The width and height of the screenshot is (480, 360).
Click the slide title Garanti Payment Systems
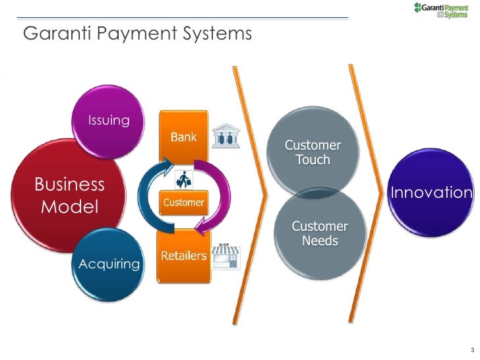tap(138, 33)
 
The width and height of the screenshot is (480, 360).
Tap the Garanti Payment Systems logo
tap(440, 11)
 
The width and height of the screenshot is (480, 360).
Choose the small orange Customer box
tap(183, 202)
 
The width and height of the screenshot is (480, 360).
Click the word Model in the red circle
tap(69, 207)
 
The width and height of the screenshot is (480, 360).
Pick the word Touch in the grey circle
tap(313, 160)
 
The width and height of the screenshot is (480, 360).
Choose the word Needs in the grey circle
tap(320, 241)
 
